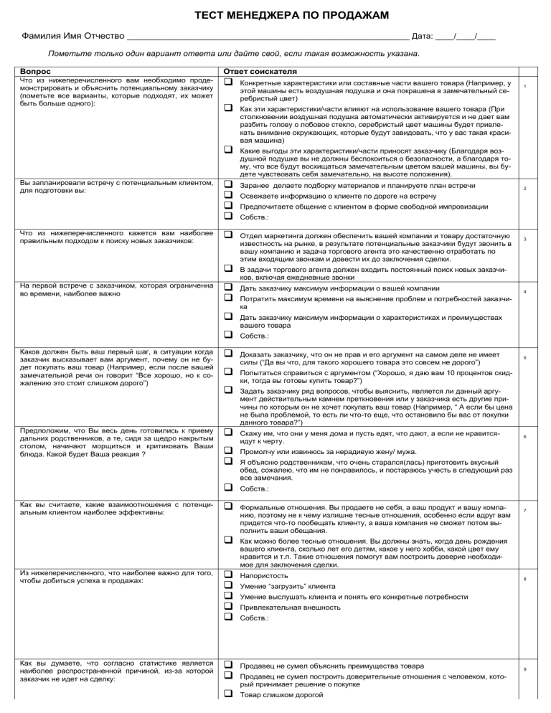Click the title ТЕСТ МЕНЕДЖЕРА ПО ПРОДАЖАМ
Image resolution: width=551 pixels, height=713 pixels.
[275, 15]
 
